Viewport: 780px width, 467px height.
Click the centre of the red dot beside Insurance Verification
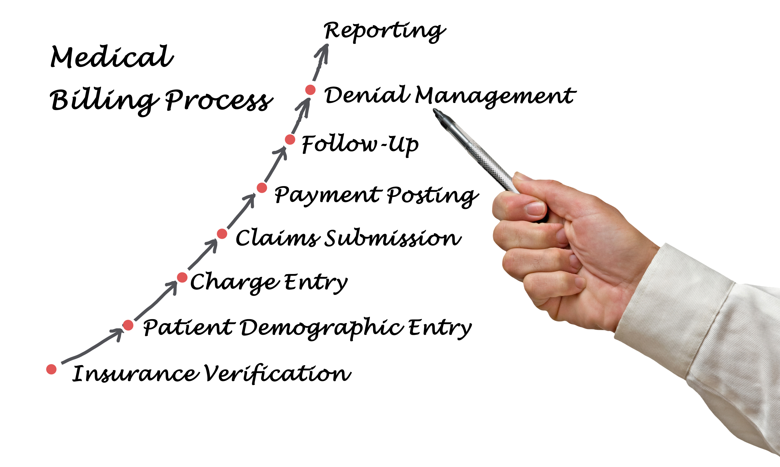[x=51, y=369]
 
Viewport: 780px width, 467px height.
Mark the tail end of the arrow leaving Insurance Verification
[x=62, y=363]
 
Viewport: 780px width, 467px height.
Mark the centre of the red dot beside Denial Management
[x=310, y=90]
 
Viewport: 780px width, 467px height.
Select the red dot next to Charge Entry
[x=182, y=278]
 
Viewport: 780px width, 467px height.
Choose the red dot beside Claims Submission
[x=222, y=234]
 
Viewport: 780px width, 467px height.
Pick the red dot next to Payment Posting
[x=262, y=188]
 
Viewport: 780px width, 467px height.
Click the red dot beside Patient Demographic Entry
[x=128, y=325]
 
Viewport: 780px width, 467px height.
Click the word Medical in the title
[x=112, y=57]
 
